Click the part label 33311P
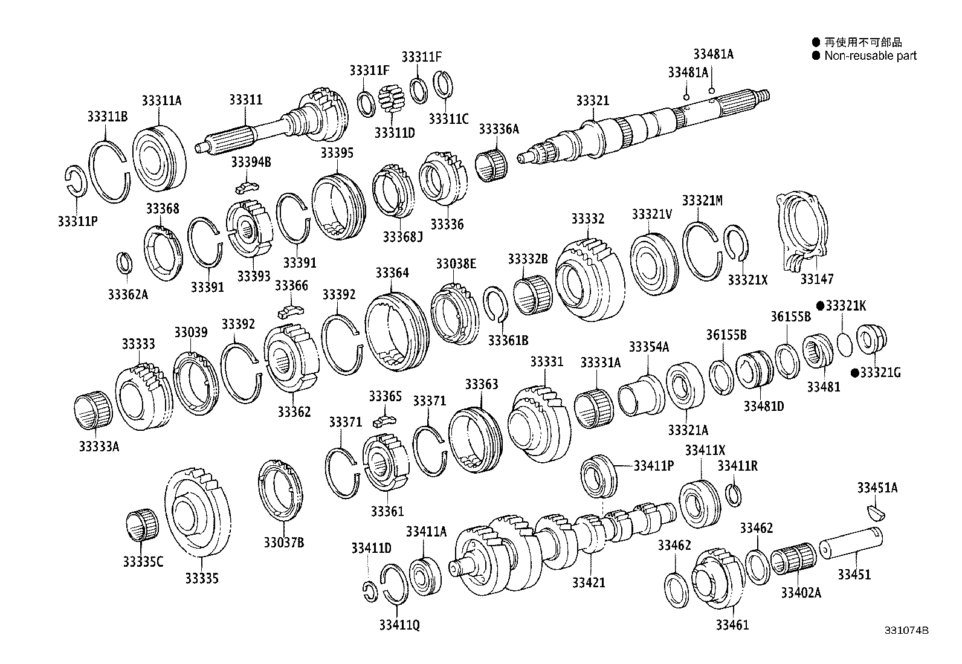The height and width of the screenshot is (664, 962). coord(77,221)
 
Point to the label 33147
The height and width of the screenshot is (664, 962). coord(816,279)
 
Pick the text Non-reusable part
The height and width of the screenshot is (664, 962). coord(870,56)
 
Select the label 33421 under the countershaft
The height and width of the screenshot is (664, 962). coord(589,582)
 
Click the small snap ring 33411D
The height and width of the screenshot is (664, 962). coord(370,591)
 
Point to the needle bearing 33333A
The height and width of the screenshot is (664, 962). coord(92,411)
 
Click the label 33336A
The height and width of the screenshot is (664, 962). coord(499,129)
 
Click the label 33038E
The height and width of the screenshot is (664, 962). coord(456,263)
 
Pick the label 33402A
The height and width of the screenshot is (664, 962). coord(801,593)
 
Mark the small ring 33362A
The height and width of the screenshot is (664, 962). coord(123,263)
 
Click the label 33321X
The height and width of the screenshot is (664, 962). coord(747,280)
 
